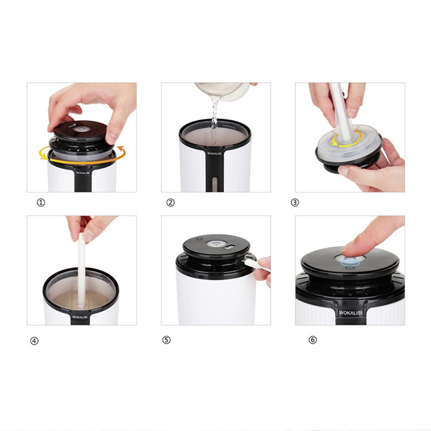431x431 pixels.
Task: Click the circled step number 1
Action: (x=41, y=203)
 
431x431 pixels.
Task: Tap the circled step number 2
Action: (x=170, y=203)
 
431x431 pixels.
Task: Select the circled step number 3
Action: (x=295, y=203)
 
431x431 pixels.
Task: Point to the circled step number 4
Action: (x=34, y=341)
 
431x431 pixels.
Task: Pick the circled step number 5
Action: (x=166, y=340)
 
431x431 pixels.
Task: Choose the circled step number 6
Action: (x=313, y=340)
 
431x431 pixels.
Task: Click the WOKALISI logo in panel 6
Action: (x=350, y=312)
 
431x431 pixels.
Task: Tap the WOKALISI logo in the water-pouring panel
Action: (x=214, y=153)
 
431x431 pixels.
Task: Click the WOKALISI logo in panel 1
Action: (x=83, y=173)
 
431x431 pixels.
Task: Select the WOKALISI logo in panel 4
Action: (x=80, y=317)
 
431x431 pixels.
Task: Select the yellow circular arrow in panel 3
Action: (x=347, y=138)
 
